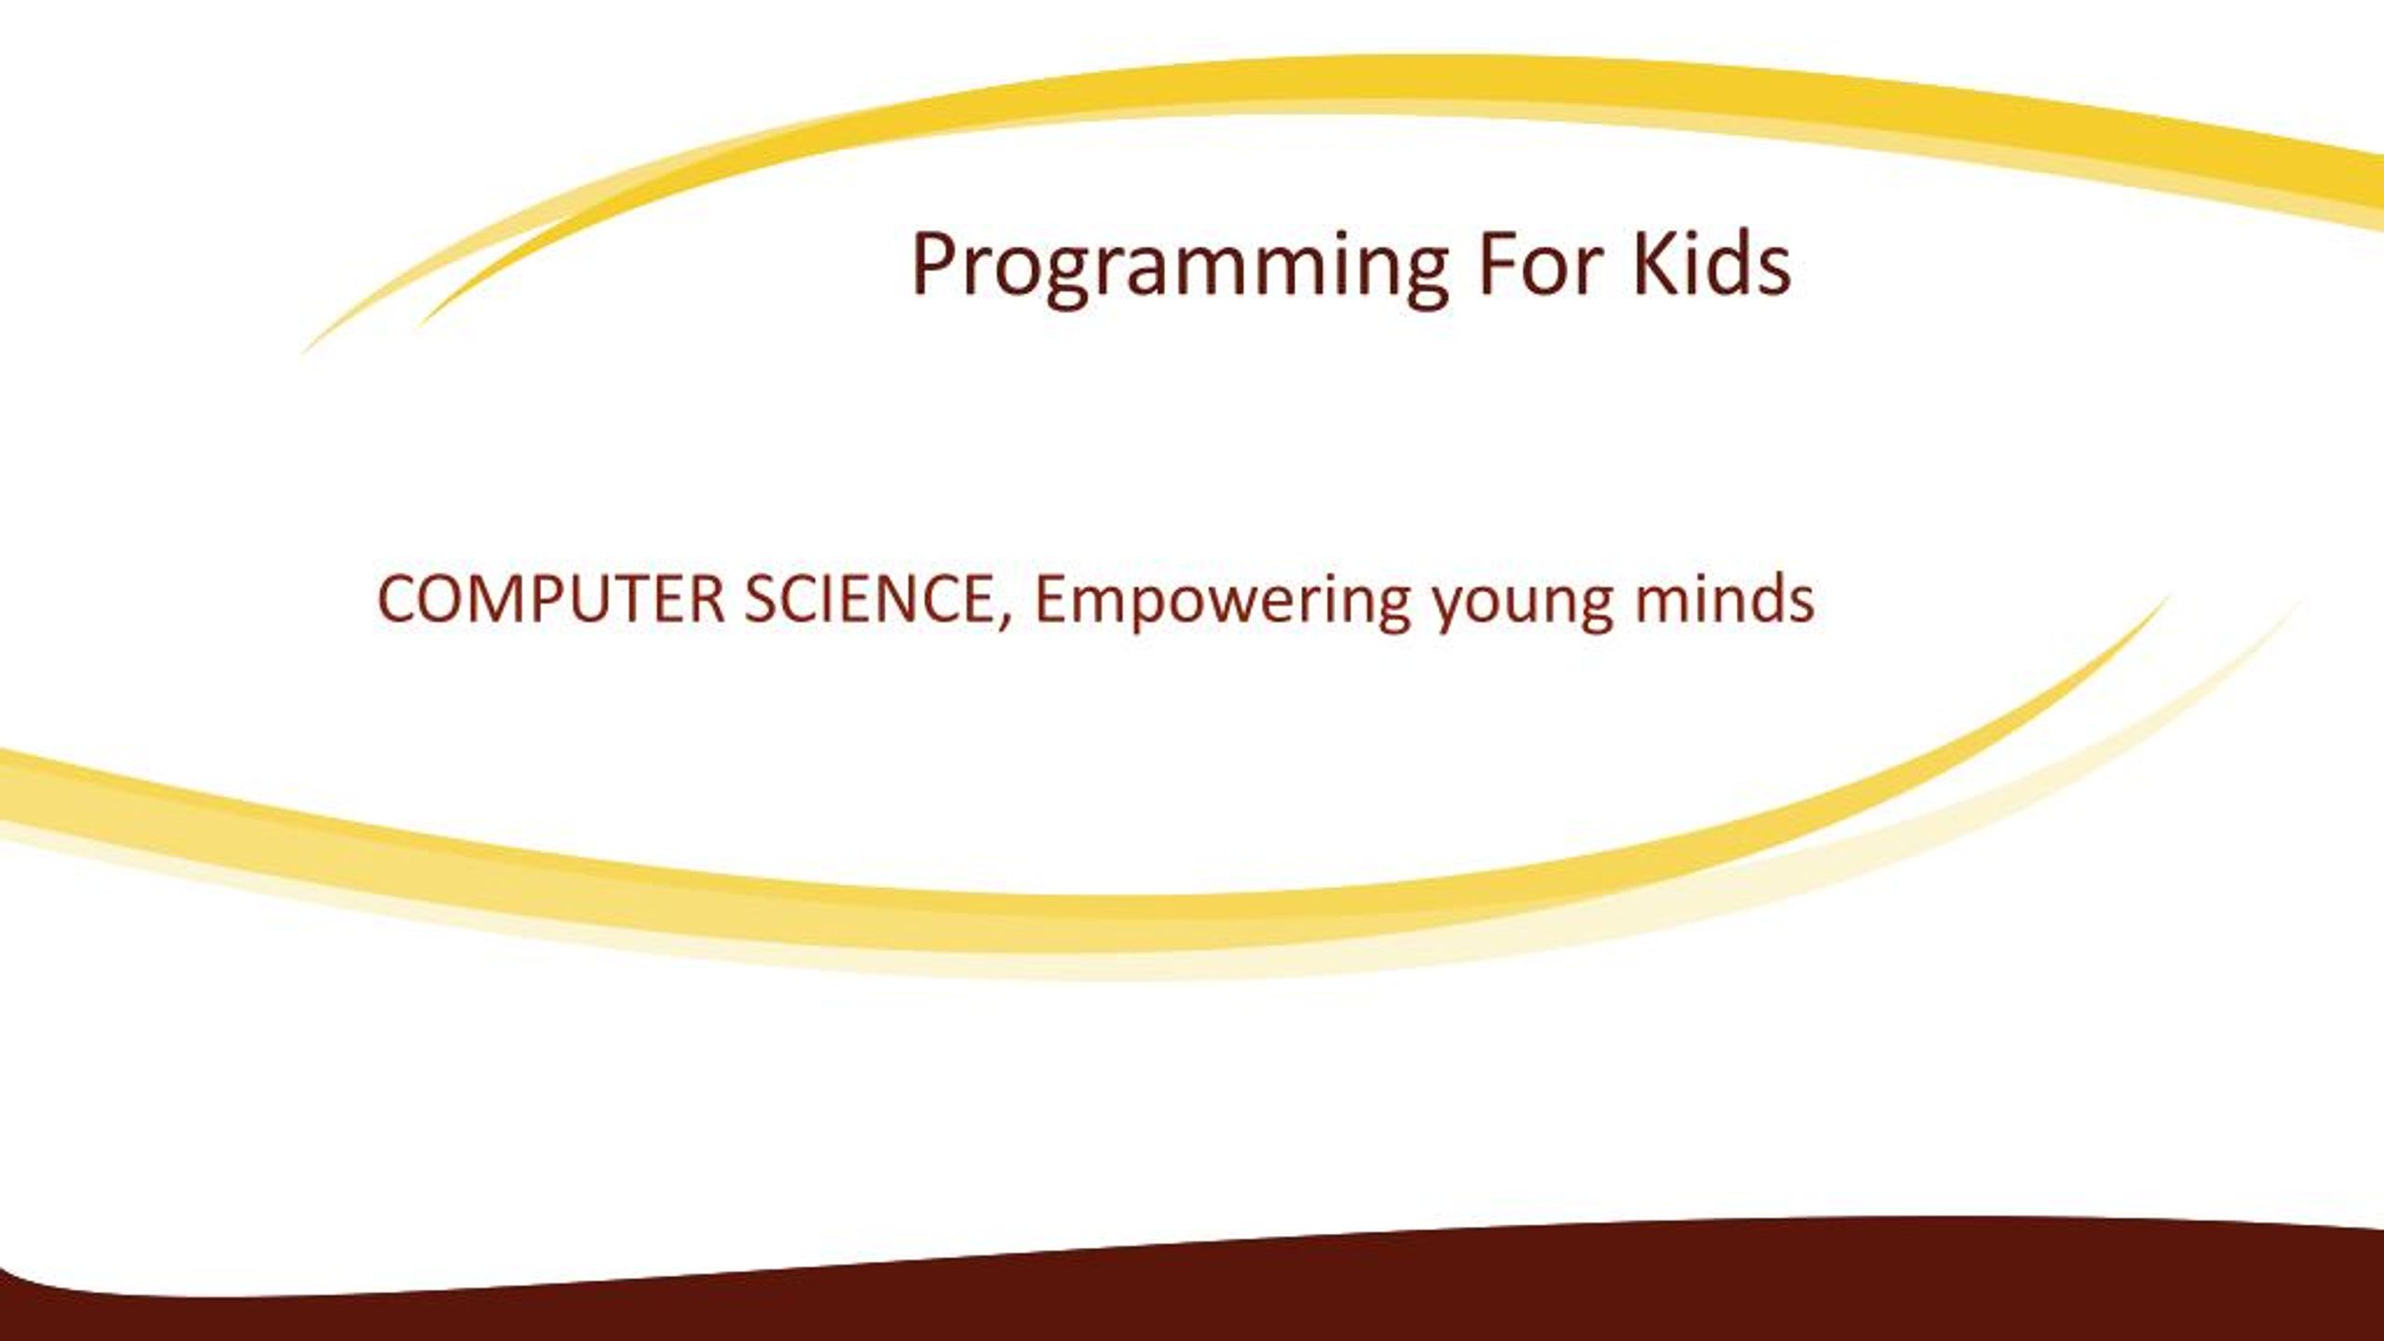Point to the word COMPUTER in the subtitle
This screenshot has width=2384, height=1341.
click(x=550, y=599)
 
